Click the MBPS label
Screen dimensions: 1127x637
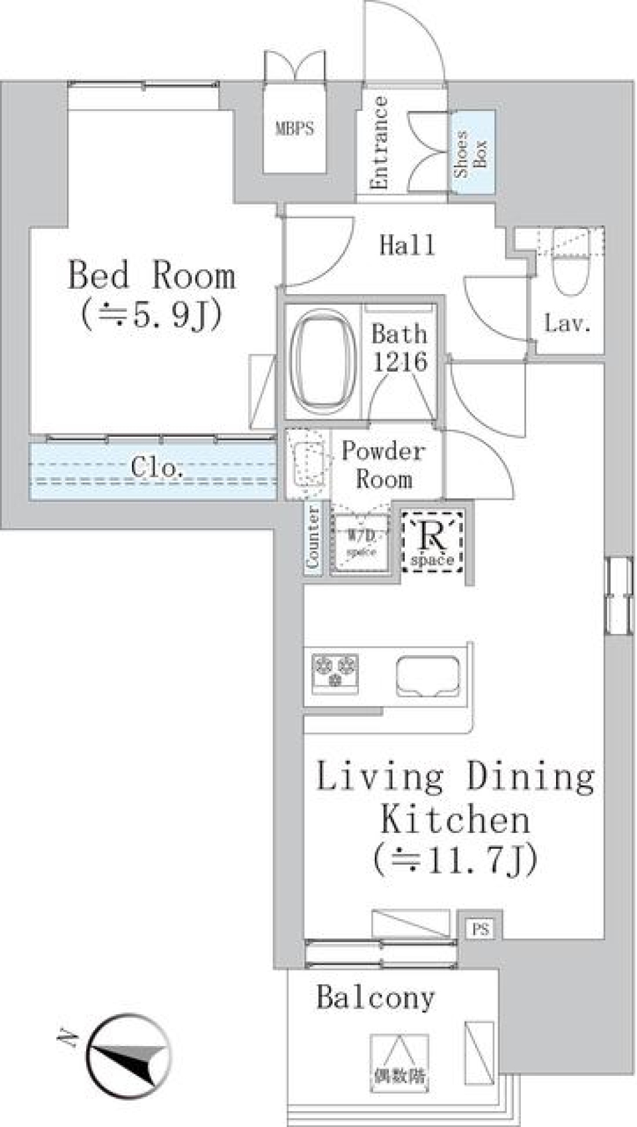click(x=295, y=129)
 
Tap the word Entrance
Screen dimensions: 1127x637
click(x=380, y=143)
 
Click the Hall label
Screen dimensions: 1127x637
click(x=407, y=246)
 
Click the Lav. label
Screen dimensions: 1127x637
click(x=567, y=324)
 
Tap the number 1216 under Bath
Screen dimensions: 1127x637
click(x=399, y=362)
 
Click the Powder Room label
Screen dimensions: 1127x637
click(x=384, y=465)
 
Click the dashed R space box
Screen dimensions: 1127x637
click(x=433, y=541)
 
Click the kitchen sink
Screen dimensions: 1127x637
click(x=428, y=676)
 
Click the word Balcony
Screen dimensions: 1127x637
click(x=376, y=998)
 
